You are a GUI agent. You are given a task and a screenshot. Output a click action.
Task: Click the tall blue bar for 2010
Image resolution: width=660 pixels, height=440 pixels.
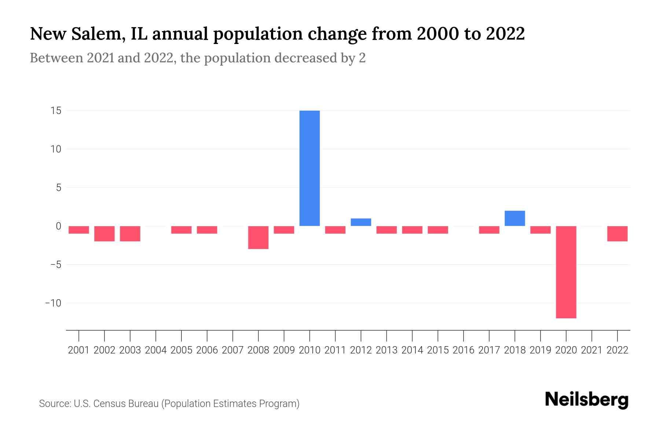click(309, 168)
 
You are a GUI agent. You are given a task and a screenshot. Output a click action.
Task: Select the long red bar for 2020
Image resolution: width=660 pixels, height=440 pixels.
click(566, 272)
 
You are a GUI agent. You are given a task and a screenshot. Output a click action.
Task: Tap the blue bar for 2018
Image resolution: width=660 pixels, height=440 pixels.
click(514, 219)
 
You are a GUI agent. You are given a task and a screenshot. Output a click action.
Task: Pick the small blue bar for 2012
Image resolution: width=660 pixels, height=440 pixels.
click(361, 222)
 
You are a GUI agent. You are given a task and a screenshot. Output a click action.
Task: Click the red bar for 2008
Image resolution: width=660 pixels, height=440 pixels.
click(258, 238)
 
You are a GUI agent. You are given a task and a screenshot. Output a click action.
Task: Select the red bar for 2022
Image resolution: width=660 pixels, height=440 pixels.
click(617, 234)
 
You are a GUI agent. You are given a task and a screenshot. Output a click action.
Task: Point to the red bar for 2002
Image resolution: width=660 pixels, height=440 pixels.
click(104, 234)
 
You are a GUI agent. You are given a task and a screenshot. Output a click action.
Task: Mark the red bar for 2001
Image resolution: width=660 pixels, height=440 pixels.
click(79, 230)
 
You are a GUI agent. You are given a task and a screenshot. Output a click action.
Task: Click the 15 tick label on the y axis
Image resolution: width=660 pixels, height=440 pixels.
click(56, 111)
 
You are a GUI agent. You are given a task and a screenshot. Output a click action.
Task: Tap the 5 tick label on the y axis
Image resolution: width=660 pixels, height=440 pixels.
click(58, 188)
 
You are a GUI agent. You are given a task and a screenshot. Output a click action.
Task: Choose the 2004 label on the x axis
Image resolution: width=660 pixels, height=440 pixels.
click(156, 350)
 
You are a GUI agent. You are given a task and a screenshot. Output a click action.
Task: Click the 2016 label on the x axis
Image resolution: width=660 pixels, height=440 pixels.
click(463, 350)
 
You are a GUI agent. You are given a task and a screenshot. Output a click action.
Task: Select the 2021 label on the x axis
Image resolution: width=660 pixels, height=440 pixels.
click(591, 350)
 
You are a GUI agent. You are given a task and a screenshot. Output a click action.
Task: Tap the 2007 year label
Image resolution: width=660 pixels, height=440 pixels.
click(232, 350)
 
